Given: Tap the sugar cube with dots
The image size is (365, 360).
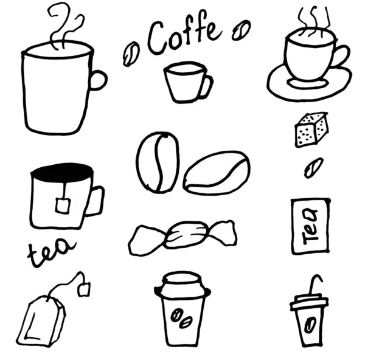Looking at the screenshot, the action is pos(311,130).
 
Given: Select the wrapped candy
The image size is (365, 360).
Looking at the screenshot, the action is pos(182,237).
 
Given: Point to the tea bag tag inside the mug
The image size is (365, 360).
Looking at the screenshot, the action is pos(63,206).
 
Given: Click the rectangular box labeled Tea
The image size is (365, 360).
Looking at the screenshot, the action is pos(311,226).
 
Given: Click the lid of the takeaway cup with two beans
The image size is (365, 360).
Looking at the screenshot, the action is pos(182,285).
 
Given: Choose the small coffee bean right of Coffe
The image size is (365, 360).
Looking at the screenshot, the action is pos(241,30).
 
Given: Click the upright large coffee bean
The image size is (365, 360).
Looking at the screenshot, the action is pos(158,162).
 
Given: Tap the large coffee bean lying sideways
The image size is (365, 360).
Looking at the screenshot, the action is pos(217,173).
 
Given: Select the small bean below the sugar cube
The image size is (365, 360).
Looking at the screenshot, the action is pos(313,168).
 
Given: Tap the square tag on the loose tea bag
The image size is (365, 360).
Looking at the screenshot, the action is pos(84,289).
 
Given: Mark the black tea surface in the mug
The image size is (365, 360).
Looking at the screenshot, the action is pos(62,172).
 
